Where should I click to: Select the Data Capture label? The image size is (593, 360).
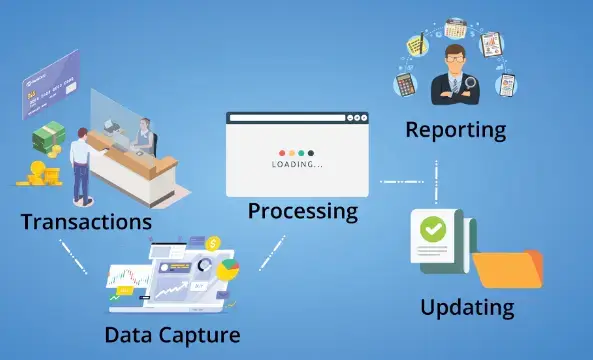[x=172, y=333]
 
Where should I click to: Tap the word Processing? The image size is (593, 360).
[x=303, y=211]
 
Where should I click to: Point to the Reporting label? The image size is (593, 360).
[x=455, y=130]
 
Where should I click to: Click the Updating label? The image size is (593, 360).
[x=468, y=306]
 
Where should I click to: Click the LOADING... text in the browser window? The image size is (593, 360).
[x=298, y=163]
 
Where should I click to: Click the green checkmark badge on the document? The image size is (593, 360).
[x=433, y=229]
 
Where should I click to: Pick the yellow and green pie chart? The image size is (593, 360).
[x=229, y=269]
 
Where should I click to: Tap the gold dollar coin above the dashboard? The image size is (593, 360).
[x=212, y=243]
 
